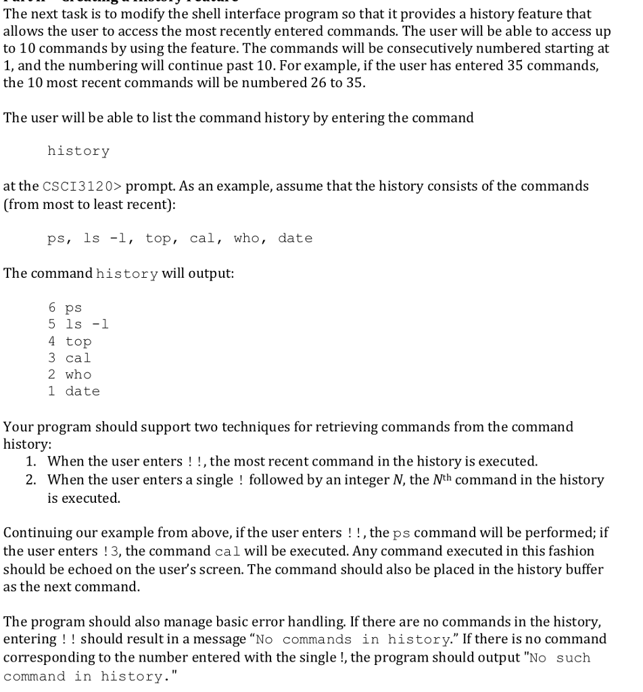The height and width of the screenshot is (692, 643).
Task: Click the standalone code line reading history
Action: pyautogui.click(x=78, y=151)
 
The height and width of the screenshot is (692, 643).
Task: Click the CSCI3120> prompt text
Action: pyautogui.click(x=82, y=186)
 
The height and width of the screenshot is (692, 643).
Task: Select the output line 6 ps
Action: pyautogui.click(x=65, y=308)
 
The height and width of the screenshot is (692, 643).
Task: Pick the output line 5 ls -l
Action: pyautogui.click(x=78, y=324)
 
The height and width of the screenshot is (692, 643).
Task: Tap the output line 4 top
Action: pyautogui.click(x=70, y=341)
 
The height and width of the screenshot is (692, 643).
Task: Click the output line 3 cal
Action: pyautogui.click(x=70, y=358)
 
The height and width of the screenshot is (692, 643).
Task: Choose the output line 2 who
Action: pyautogui.click(x=70, y=374)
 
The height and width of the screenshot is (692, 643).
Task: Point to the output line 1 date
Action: pyautogui.click(x=74, y=391)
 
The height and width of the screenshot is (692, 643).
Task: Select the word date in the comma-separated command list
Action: pyautogui.click(x=295, y=238)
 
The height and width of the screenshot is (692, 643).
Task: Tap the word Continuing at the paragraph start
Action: pyautogui.click(x=36, y=533)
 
